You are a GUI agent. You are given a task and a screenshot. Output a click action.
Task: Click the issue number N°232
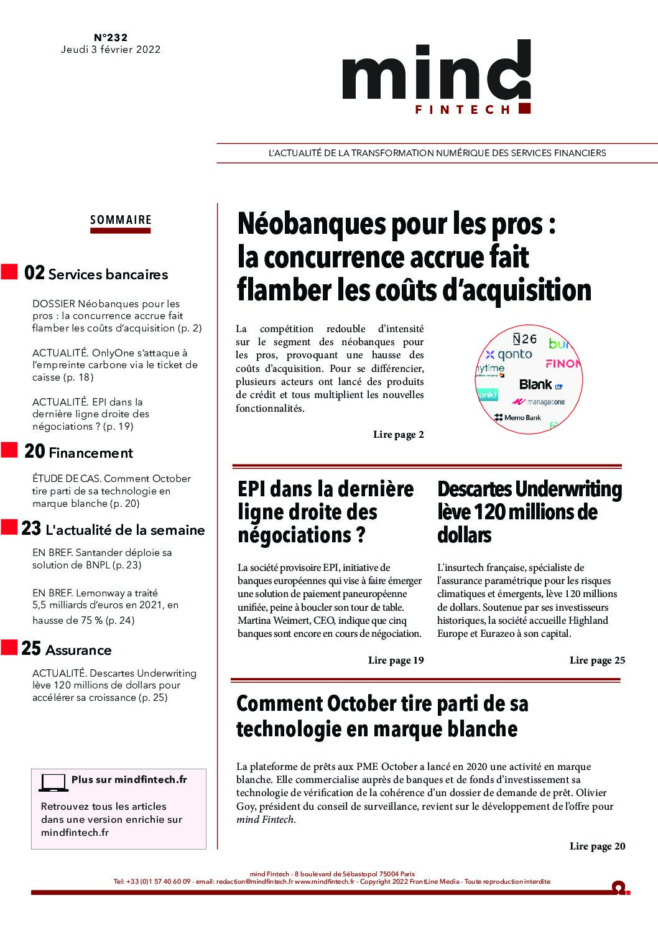tap(111, 38)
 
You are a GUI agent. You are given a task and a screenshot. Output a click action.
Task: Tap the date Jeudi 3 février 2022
tap(111, 50)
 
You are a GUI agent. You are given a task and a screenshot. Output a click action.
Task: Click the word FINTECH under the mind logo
tap(463, 109)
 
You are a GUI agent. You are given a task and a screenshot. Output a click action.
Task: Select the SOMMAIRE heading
tap(121, 220)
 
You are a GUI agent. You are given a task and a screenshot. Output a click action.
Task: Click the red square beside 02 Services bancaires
tap(9, 272)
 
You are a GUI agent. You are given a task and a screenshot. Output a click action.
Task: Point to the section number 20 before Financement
tap(34, 452)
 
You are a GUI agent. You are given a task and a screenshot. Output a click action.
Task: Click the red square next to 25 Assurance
tap(9, 647)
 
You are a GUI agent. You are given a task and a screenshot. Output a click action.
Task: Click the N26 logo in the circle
tap(524, 339)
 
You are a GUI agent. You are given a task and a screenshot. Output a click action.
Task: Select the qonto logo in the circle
tap(509, 354)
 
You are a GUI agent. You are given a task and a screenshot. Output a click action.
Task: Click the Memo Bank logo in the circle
tap(517, 417)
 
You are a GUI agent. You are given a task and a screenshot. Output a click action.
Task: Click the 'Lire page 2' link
tap(398, 435)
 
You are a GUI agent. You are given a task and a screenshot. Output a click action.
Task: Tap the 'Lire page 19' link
tap(396, 660)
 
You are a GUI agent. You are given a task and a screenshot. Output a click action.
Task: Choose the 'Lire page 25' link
tap(597, 660)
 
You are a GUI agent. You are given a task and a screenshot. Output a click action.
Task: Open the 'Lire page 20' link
tap(597, 846)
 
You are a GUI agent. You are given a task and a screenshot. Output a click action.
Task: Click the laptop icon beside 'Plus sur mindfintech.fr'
tap(53, 782)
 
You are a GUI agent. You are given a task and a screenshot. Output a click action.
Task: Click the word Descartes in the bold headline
tap(473, 489)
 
